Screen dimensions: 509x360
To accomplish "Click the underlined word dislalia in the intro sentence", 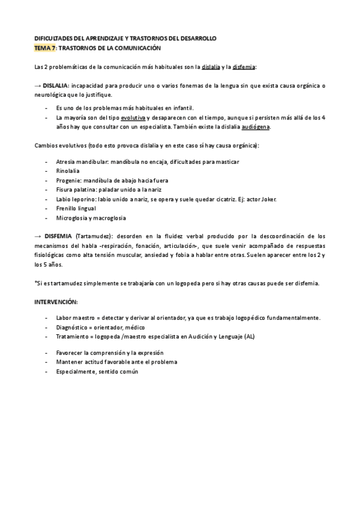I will point(211,66).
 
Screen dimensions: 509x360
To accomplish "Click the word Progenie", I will point(68,180).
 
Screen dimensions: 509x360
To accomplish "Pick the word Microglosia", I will point(72,218).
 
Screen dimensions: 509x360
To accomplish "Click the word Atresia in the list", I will point(65,161).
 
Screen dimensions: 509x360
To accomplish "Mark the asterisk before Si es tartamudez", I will point(36,282).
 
